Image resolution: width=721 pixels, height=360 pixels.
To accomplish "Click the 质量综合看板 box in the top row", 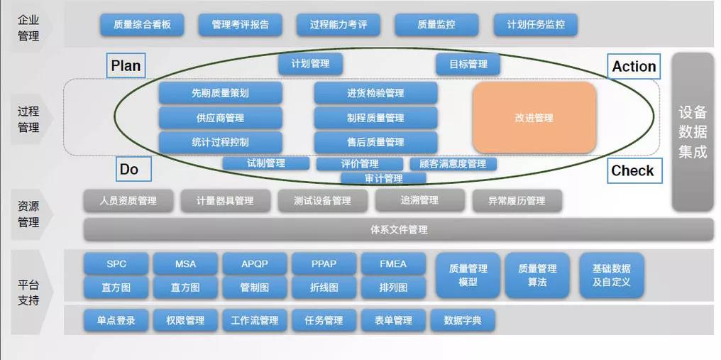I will coord(142,26).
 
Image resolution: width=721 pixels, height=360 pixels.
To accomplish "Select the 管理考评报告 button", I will coord(241,26).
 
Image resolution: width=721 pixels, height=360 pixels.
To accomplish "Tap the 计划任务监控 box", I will coord(536,26).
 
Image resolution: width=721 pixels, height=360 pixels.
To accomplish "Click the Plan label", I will coord(126,66).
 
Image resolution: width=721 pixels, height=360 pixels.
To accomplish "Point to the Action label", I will coord(634,66).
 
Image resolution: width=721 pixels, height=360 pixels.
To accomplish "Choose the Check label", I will coord(632,170).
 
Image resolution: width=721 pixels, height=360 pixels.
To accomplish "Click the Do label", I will coord(128,169).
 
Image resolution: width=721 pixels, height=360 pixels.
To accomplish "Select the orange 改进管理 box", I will coord(534,118).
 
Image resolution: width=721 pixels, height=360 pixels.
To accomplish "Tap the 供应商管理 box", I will coord(220,118).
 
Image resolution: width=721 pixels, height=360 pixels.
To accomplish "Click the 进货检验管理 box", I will coord(375,93).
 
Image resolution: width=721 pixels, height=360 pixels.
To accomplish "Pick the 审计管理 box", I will coord(383,178).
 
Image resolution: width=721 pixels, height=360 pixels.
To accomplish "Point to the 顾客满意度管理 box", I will coord(453,164).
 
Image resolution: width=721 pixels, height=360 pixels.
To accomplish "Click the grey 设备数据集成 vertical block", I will coord(693,132).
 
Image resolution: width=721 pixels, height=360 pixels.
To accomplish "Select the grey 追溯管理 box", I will coord(419,201).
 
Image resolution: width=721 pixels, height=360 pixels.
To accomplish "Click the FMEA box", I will coord(393,264).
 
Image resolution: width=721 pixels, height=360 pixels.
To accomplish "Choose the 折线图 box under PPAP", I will coord(324,288).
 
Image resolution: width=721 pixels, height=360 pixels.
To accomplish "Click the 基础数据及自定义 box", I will coord(611,276).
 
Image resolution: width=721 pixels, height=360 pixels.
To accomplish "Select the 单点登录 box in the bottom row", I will coord(116,320).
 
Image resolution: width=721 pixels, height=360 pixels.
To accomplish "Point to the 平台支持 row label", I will coord(28,292).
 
